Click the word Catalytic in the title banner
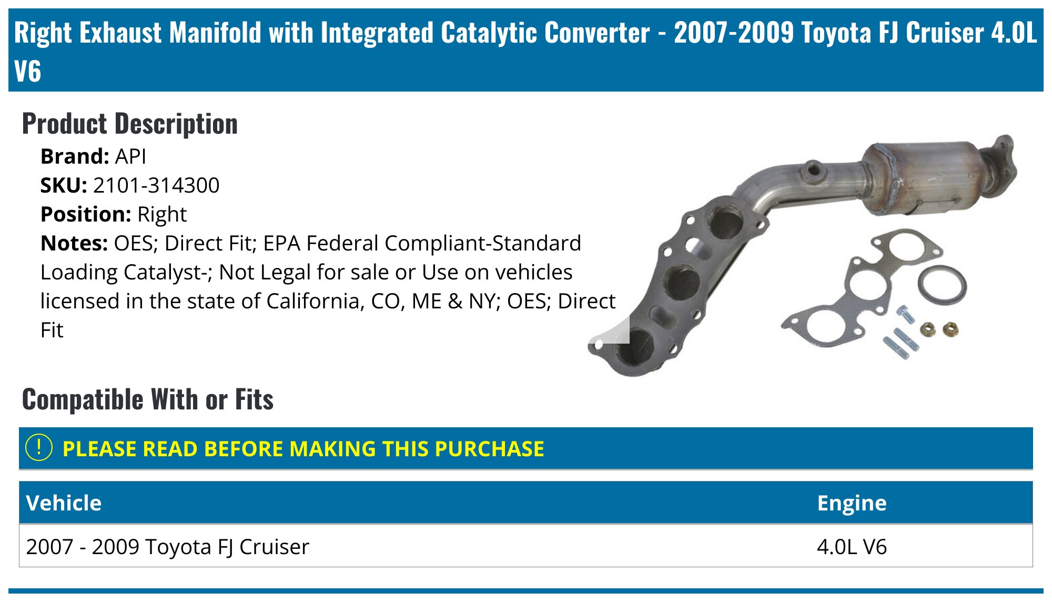click(x=492, y=33)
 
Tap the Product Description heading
click(x=130, y=124)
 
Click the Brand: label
click(x=75, y=156)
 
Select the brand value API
click(x=130, y=156)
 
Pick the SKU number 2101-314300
click(x=156, y=185)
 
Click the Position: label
click(x=86, y=214)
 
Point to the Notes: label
click(x=74, y=243)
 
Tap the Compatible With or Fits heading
click(x=148, y=399)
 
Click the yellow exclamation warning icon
click(x=39, y=448)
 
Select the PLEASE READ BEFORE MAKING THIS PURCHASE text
click(x=303, y=449)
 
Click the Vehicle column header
click(x=64, y=503)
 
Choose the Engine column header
click(x=852, y=503)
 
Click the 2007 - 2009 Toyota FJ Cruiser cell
click(x=167, y=547)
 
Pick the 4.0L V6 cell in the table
click(x=852, y=547)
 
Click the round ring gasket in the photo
click(x=942, y=286)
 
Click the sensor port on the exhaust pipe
click(x=813, y=170)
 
